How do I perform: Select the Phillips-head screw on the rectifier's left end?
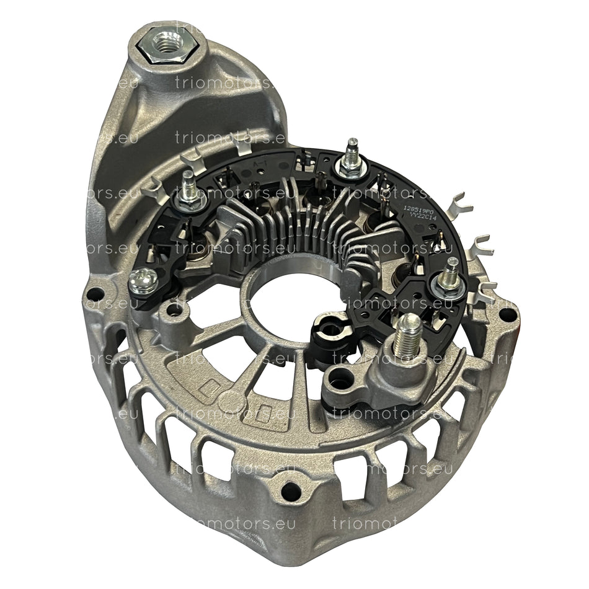[142, 280]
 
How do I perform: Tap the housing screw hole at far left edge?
[94, 293]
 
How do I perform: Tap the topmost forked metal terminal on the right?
[461, 204]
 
